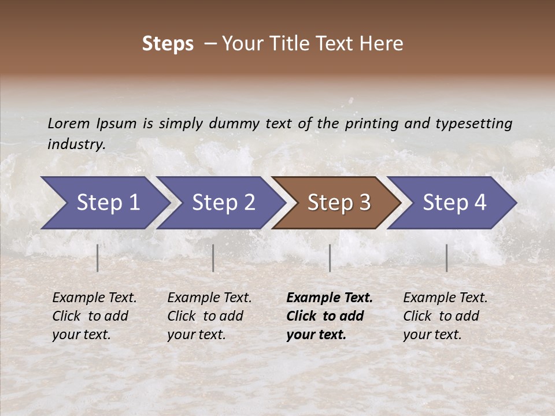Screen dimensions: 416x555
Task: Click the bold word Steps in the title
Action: click(168, 44)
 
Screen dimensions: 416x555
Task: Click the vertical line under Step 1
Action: click(98, 258)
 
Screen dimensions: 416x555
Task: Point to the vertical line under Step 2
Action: click(213, 258)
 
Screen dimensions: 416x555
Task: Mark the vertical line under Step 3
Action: click(330, 258)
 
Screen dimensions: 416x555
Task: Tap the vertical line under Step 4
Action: click(447, 258)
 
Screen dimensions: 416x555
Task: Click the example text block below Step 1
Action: click(94, 316)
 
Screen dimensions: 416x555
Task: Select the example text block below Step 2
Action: click(209, 316)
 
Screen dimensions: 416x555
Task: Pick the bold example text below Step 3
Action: click(330, 316)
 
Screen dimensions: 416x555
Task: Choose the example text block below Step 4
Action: click(445, 316)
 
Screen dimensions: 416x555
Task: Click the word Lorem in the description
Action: click(69, 124)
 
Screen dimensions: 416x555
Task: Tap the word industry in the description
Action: click(76, 144)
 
